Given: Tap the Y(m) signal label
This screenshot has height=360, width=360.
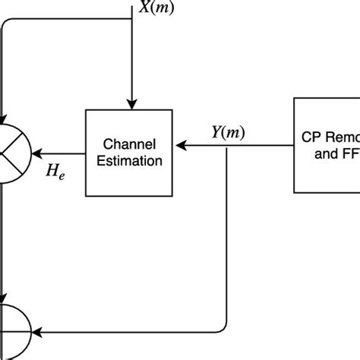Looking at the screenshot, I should tap(227, 131).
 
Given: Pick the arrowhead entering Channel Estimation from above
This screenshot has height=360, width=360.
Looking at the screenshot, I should tap(133, 105).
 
